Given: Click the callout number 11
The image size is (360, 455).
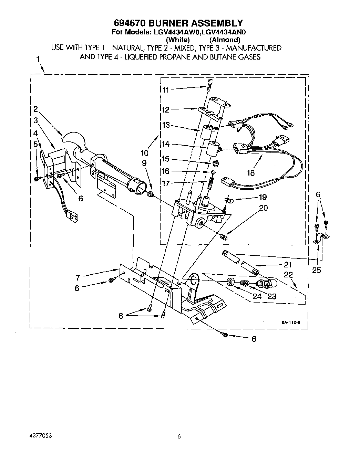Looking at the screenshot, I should click(166, 90).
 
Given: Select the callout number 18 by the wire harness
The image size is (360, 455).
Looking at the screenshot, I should click(251, 172).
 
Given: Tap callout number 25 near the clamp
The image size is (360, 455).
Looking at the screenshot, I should click(316, 270).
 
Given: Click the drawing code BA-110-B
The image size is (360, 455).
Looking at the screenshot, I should click(291, 322).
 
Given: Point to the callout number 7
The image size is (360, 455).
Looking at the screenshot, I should click(78, 277).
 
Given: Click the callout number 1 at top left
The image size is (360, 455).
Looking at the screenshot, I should click(38, 59).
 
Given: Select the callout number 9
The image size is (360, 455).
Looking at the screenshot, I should click(144, 163).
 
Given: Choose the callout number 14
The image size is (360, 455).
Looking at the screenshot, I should click(166, 145).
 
